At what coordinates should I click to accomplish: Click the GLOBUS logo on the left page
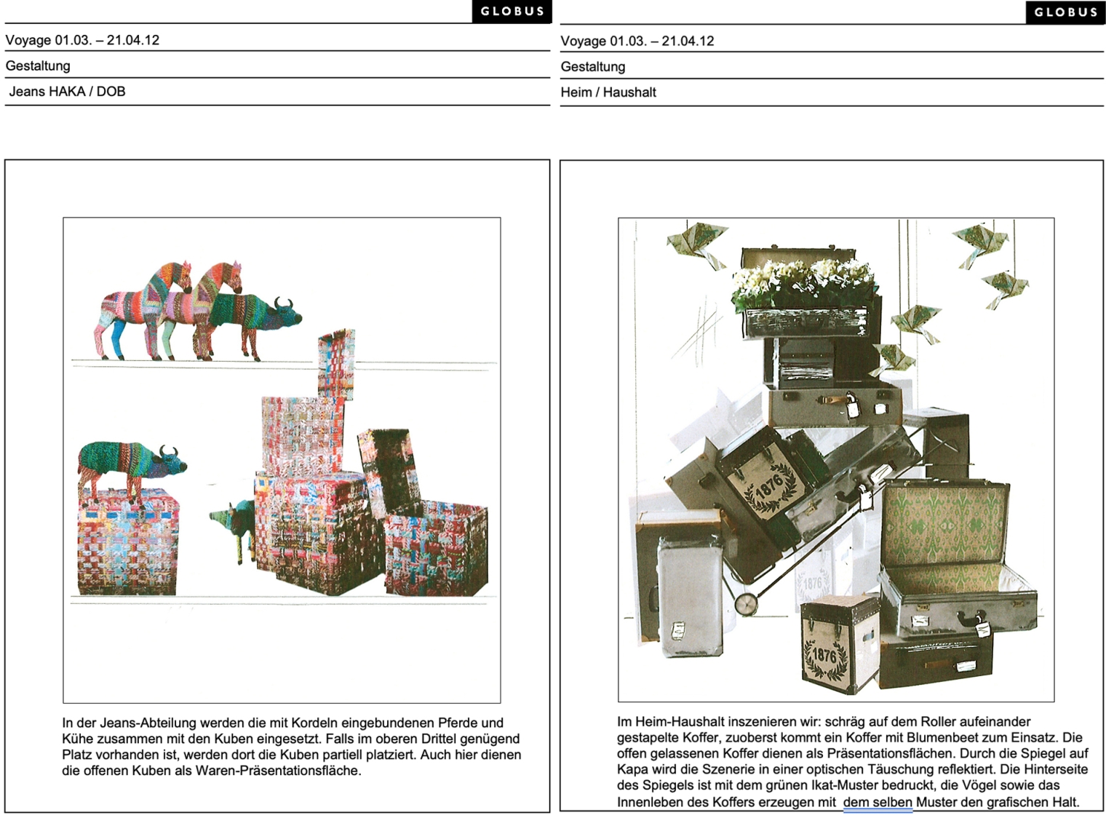512,12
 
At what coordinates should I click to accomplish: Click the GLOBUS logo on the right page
1065,12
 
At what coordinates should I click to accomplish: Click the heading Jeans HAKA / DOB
68,92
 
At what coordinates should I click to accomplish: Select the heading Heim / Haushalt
608,92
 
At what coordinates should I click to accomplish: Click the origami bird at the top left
697,245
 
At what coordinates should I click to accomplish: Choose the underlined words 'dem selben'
878,802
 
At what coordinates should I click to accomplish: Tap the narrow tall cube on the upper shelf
337,364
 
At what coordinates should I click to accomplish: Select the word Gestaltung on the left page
38,65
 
